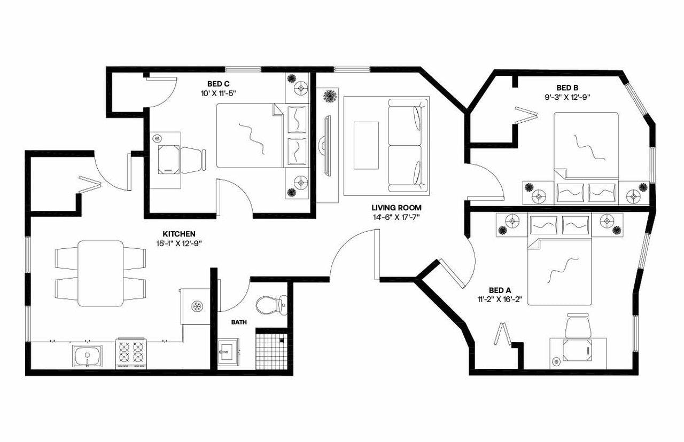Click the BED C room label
tap(219, 83)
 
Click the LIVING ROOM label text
tap(397, 208)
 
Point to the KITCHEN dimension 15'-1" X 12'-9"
tap(178, 243)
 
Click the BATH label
tap(238, 322)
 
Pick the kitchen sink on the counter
tap(87, 356)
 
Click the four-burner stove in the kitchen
tap(131, 353)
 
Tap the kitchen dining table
tap(100, 273)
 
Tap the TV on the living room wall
tap(327, 145)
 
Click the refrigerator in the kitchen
tap(196, 306)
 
